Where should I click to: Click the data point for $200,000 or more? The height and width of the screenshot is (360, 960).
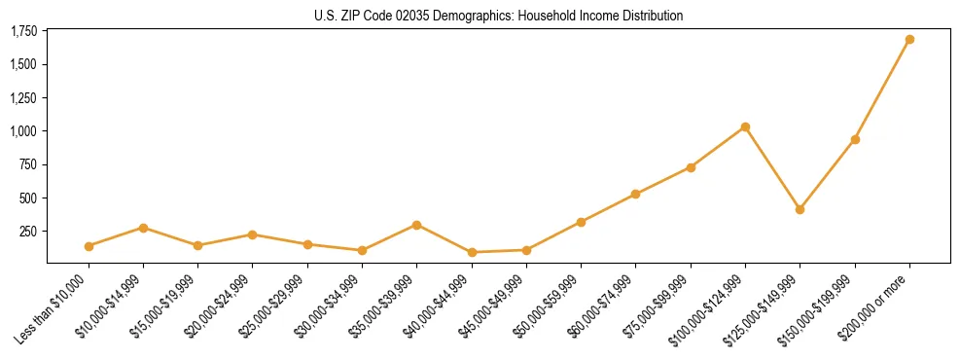(909, 40)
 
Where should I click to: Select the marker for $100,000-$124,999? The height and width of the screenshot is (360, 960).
(745, 126)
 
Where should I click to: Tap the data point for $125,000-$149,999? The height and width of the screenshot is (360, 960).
(800, 209)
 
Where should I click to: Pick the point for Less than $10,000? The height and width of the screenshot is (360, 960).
(89, 246)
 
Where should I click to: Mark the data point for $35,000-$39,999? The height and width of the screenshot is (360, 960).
(416, 225)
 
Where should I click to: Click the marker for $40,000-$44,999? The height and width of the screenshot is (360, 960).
(472, 252)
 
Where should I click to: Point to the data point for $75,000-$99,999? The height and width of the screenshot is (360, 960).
(691, 167)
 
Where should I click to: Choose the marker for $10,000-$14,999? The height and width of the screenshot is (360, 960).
(143, 228)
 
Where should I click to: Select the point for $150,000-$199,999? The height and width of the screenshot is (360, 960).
(855, 139)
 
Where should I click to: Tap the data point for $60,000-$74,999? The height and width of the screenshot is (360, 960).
(635, 194)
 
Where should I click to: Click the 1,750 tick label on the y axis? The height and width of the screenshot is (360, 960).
(23, 32)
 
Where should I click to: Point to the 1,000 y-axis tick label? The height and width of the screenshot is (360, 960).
(23, 131)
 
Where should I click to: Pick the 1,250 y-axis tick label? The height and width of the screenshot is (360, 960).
(23, 98)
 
